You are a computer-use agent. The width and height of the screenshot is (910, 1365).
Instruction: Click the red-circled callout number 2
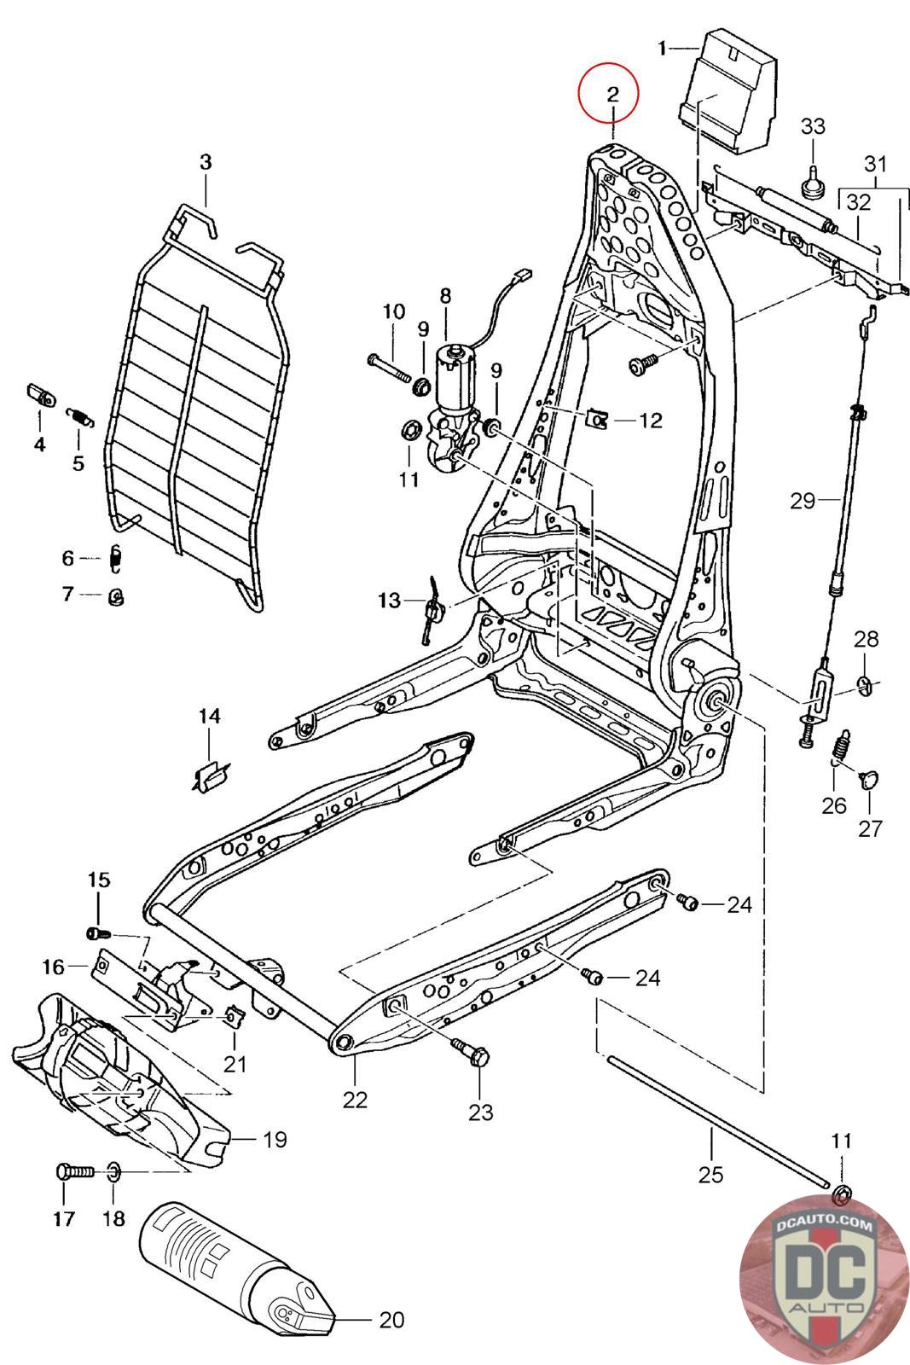click(612, 94)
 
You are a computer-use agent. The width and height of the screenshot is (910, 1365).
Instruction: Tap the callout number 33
click(813, 126)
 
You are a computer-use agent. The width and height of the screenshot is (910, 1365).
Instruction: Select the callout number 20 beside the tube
click(391, 1319)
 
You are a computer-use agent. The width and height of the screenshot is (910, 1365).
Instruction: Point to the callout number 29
click(803, 500)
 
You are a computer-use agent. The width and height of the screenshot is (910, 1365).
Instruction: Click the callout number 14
click(209, 716)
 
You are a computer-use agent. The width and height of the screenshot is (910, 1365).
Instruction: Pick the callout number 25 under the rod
click(710, 1174)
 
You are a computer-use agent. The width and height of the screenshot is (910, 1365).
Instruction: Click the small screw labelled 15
click(99, 933)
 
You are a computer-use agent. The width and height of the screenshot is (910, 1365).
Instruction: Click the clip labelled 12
click(596, 419)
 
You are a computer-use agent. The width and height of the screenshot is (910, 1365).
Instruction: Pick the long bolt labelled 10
click(390, 368)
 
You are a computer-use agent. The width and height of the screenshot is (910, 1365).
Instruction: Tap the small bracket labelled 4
click(41, 395)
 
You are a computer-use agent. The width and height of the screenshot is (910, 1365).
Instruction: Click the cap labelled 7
click(116, 596)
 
